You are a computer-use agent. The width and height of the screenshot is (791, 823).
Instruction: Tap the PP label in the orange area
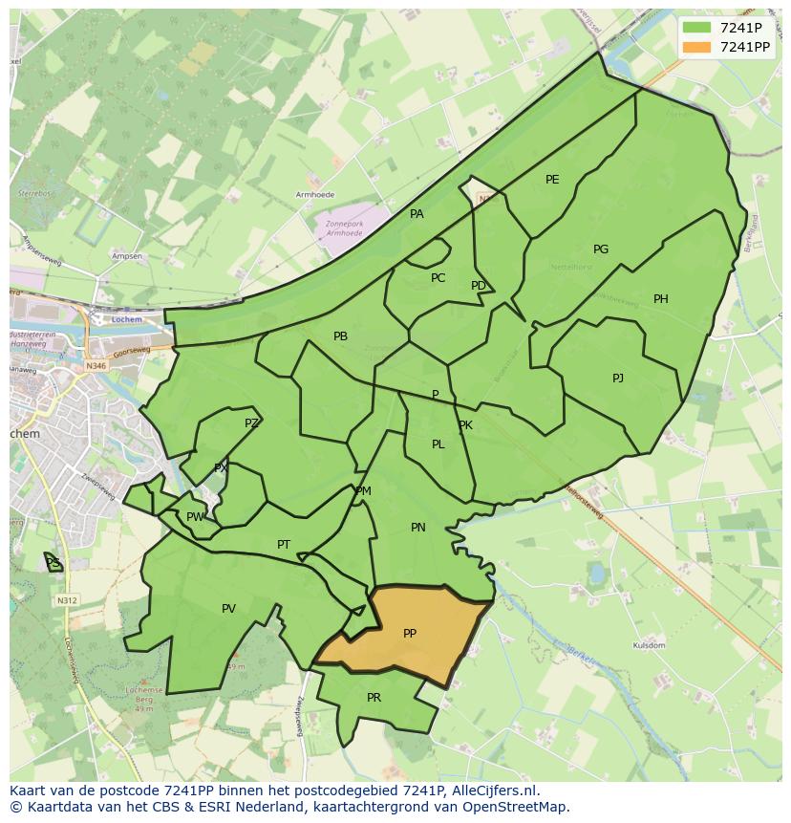coord(410,633)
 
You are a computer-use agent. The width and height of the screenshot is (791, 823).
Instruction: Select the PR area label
coord(374,697)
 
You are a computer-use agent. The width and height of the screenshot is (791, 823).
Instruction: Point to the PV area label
coord(228,608)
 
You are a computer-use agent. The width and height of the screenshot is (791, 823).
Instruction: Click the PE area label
coord(552,179)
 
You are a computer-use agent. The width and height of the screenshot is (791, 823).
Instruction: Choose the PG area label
coord(601,249)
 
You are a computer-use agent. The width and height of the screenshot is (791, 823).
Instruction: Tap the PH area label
coord(661,299)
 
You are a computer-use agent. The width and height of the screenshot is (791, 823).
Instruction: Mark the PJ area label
coord(618,378)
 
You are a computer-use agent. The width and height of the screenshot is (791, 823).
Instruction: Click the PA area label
coord(417,214)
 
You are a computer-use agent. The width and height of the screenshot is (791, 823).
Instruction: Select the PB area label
coord(340,336)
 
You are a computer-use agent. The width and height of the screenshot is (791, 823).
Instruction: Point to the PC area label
coord(438,278)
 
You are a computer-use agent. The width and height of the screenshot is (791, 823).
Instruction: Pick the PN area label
coord(418,527)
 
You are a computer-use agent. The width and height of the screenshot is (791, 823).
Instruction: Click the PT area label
coord(284,545)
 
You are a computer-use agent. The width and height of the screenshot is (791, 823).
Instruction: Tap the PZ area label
coord(251,422)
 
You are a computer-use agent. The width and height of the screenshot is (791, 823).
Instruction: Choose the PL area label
coord(438,444)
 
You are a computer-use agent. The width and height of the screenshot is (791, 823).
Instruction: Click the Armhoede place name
coord(316,195)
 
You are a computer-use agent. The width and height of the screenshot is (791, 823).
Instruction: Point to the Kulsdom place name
coord(649,646)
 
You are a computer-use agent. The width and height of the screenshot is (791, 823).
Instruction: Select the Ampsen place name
coord(126,256)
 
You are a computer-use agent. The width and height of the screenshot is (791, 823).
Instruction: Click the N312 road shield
coord(66,600)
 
